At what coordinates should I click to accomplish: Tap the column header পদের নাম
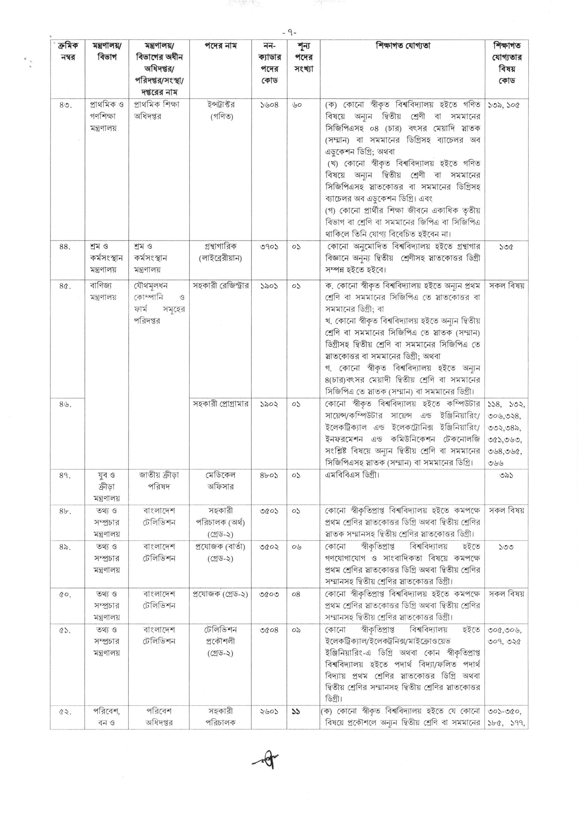pos(220,46)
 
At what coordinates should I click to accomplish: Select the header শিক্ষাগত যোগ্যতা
pos(403,46)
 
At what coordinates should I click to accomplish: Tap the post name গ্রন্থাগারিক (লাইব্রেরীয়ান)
pos(220,252)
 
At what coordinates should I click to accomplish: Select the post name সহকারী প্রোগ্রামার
pos(221,404)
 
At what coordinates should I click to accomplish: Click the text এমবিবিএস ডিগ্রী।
pos(352,475)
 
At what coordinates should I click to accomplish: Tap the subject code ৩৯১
pos(506,475)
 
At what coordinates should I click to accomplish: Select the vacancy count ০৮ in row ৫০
pos(296,594)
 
